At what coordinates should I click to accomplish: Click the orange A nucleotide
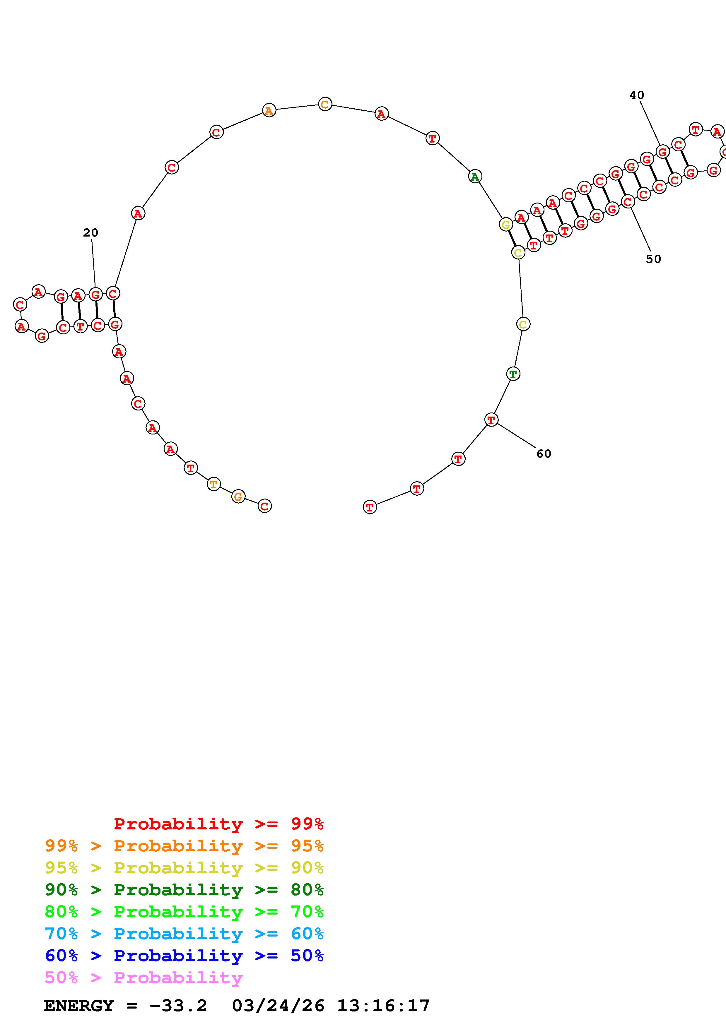[x=268, y=110]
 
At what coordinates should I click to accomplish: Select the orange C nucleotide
[x=325, y=104]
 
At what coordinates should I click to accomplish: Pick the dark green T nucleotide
[x=513, y=374]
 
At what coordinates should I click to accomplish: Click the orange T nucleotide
[x=214, y=484]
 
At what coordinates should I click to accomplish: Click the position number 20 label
[x=91, y=232]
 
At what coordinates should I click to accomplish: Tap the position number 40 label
[x=637, y=95]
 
